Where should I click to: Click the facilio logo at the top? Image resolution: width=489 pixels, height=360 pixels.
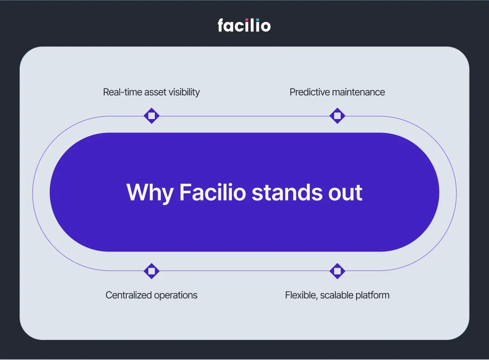coord(244,25)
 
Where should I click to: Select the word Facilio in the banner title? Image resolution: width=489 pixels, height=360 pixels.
coord(213,192)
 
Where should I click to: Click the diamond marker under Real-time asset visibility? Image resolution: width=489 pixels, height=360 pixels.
coord(152,116)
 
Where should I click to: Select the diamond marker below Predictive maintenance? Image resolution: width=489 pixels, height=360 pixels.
coord(337,116)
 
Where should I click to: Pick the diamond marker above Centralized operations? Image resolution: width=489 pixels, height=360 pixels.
coord(152,271)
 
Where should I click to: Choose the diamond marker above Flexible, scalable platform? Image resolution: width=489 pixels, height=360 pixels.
coord(337,271)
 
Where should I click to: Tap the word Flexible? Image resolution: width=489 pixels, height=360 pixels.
coord(301,295)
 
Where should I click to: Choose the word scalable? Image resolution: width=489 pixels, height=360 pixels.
coord(337,295)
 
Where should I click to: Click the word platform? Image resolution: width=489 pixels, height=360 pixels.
coord(372,295)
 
